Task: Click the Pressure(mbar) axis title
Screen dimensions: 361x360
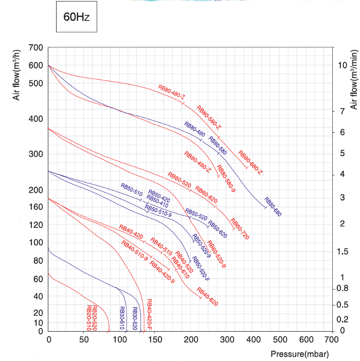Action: tap(299, 354)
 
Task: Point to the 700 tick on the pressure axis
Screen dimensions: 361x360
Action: tap(332, 340)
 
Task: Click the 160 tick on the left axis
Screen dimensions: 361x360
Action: tap(36, 207)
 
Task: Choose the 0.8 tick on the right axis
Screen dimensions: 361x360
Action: tap(343, 288)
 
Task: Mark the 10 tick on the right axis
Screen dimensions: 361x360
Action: tap(343, 65)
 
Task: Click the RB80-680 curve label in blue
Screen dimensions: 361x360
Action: tap(273, 207)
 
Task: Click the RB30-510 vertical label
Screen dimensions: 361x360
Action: tap(122, 318)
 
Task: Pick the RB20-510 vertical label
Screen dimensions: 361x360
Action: tap(88, 318)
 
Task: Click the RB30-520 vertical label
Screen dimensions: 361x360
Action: tap(135, 318)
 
